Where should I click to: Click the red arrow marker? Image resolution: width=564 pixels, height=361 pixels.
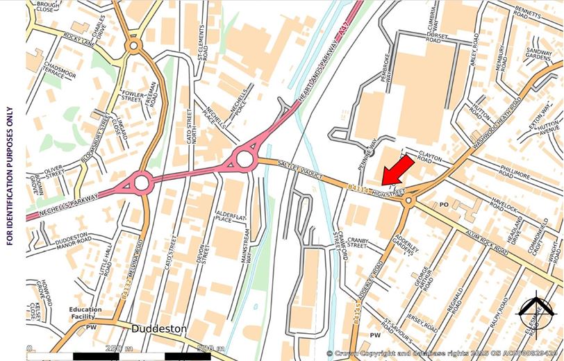pyautogui.click(x=397, y=170)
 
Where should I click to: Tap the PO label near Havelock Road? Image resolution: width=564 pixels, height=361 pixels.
pyautogui.click(x=445, y=204)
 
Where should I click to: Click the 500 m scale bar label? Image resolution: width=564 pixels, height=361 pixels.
pyautogui.click(x=210, y=349)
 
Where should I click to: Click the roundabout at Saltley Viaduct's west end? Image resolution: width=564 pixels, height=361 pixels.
pyautogui.click(x=244, y=159)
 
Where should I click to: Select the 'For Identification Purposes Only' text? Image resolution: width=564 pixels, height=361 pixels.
pyautogui.click(x=9, y=176)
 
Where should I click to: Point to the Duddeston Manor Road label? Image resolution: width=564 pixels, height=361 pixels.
pyautogui.click(x=70, y=240)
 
